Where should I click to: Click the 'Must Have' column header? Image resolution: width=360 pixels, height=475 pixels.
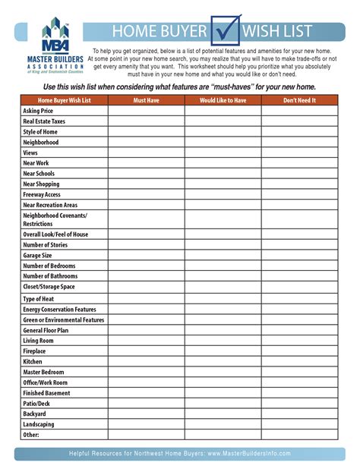(x=145, y=100)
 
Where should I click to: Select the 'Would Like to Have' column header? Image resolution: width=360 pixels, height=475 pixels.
(x=223, y=100)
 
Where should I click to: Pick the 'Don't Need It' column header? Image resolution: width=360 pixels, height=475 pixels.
(x=299, y=100)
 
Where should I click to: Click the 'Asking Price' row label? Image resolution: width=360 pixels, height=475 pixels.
(x=37, y=111)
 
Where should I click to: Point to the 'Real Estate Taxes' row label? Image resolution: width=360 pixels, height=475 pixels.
(x=45, y=121)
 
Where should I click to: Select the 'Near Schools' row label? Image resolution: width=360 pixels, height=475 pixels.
(x=39, y=174)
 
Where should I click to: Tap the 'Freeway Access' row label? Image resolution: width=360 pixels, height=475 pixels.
(x=43, y=194)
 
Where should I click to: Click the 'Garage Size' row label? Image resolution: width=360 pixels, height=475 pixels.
(x=38, y=256)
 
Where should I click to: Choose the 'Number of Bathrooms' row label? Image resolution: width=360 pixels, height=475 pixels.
(x=50, y=276)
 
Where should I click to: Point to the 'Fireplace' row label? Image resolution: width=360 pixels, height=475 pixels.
(x=34, y=351)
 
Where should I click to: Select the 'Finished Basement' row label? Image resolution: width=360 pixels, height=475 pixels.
(x=46, y=393)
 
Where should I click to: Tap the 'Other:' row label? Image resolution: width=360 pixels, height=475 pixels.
(x=31, y=435)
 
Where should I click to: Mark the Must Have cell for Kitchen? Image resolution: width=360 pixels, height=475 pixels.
(x=145, y=362)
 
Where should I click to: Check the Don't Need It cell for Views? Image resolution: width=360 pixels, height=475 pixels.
(x=299, y=153)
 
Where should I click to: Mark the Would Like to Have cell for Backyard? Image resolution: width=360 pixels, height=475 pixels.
(x=223, y=414)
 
